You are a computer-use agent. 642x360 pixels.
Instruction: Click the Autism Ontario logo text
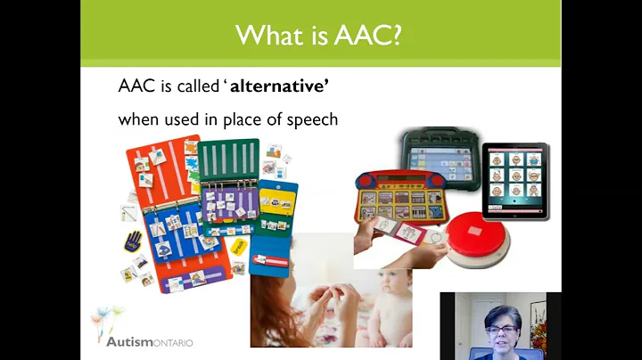coord(150,340)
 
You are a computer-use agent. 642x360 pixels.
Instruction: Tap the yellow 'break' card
coord(239,244)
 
